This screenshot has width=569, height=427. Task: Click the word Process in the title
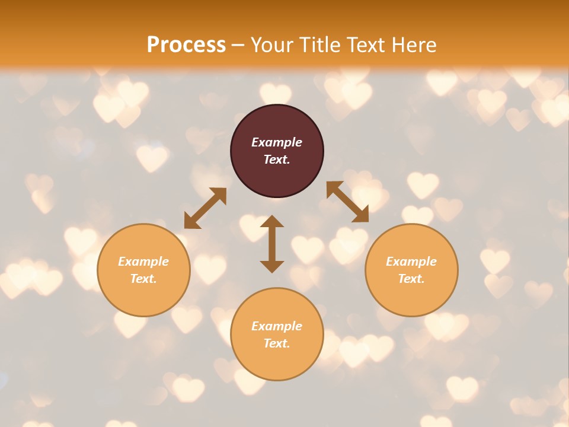point(186,45)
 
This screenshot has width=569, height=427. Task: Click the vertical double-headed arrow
point(272,244)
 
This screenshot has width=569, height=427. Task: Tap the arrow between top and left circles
point(205,208)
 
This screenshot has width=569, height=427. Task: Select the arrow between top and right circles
point(347,202)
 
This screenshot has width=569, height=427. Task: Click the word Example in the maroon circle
point(277,142)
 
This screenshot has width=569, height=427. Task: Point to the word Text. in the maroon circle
point(277,160)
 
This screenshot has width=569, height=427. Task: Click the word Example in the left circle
point(143,262)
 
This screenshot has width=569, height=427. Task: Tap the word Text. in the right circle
point(411,279)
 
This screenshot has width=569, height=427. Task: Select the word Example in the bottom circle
point(277,326)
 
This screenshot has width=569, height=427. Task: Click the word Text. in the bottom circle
point(277,343)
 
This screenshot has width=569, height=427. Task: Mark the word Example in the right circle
point(411,262)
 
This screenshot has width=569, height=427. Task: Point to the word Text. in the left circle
point(143,279)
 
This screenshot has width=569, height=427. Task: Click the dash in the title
point(238,45)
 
